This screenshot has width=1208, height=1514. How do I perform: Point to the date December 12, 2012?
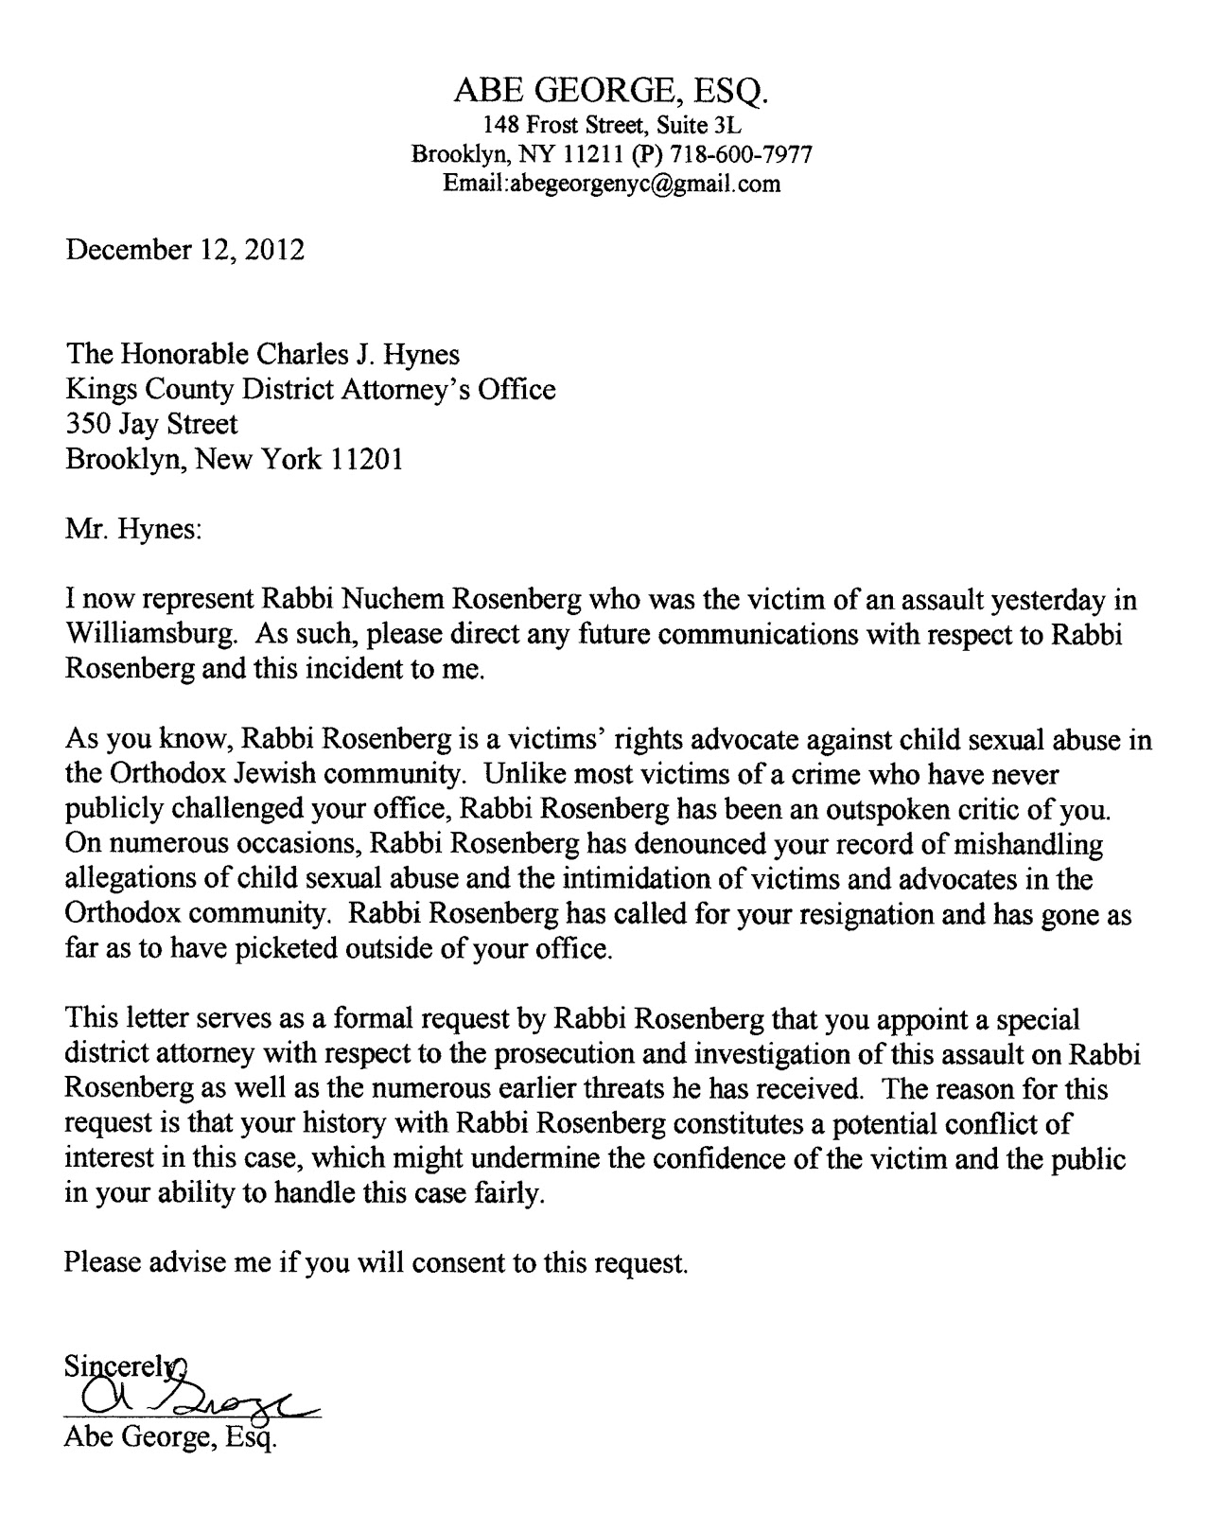coord(184,251)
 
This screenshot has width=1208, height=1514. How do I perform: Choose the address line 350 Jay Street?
coord(151,424)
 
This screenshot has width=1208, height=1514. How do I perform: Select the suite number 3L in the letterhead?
coord(728,124)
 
